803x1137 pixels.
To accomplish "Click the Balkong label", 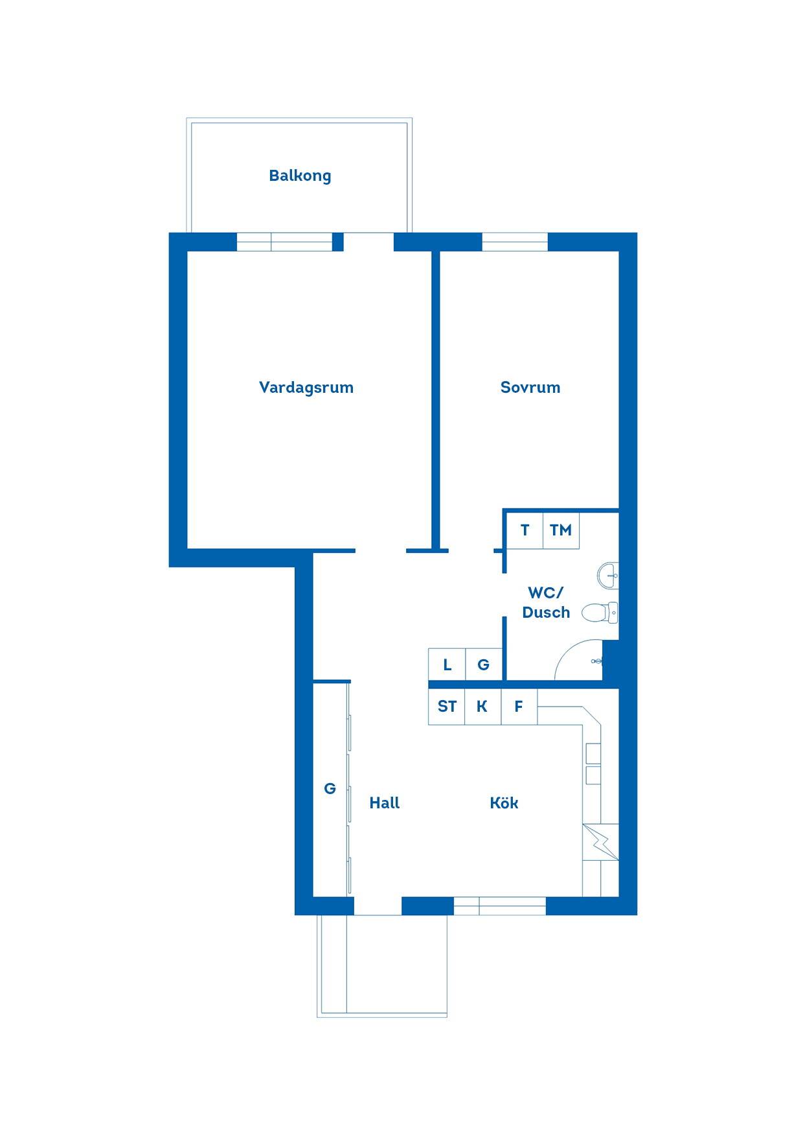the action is [300, 176].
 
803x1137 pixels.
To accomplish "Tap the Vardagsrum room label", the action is [306, 388].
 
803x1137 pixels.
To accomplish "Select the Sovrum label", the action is [530, 388].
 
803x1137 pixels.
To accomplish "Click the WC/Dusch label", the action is [546, 602].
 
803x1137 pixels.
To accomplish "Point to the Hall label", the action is [385, 803].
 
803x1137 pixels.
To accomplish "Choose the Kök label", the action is [504, 803].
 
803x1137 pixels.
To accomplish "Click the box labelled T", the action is [525, 530].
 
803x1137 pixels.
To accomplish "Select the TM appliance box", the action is [561, 530].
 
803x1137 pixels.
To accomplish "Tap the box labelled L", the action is [447, 664].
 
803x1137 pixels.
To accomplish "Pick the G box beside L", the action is [484, 664].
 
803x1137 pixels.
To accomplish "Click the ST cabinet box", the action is [447, 707].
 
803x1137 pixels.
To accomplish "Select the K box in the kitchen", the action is [482, 707].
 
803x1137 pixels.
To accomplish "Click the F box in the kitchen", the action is [519, 707].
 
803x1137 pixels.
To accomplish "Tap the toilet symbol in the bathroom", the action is [600, 612].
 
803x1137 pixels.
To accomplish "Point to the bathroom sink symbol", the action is [608, 575].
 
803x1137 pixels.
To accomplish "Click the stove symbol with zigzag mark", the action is [601, 842].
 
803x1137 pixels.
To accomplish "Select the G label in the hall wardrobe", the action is [330, 789].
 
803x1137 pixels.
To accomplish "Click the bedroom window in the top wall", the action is [515, 242].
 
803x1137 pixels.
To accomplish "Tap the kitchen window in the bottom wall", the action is [499, 906].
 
